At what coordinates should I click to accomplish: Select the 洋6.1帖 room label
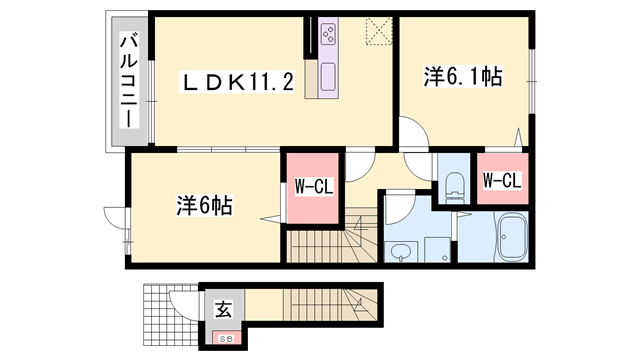coord(464,75)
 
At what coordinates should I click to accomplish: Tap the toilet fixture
coord(455,183)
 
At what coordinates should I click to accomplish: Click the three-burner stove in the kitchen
coord(330,37)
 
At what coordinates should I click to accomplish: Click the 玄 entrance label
coord(221,309)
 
